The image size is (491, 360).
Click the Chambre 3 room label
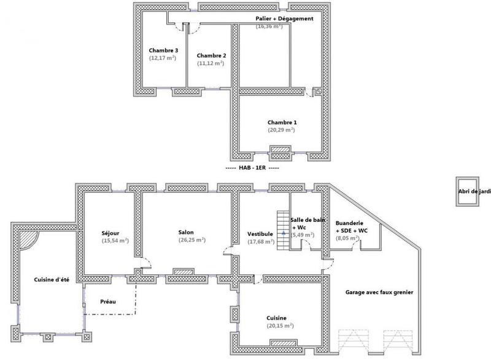click(x=163, y=50)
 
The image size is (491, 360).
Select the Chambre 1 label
click(x=281, y=122)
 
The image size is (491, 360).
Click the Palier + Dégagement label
click(x=285, y=19)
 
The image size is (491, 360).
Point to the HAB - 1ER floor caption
click(x=252, y=168)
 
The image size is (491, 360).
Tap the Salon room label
click(x=186, y=232)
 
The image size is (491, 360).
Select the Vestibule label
click(x=260, y=234)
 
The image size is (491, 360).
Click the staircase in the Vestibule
click(x=283, y=230)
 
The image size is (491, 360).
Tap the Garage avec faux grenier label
click(x=379, y=292)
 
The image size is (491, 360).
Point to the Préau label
click(x=108, y=302)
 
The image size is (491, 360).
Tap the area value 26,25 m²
click(x=192, y=240)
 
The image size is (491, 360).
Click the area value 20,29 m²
click(x=281, y=130)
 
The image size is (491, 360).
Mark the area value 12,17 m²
click(x=163, y=58)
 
